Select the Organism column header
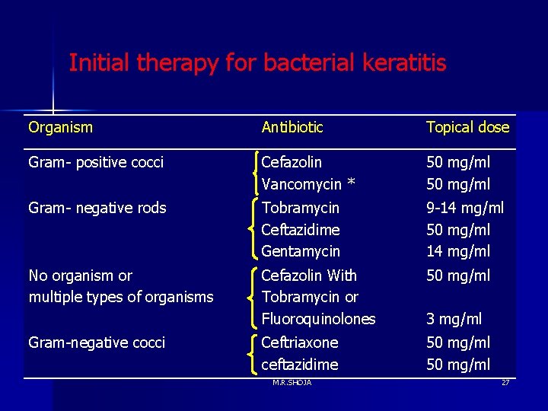(x=60, y=127)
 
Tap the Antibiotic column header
(x=292, y=127)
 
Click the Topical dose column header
(x=467, y=127)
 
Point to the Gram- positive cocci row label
(x=96, y=162)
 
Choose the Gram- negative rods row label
(x=97, y=208)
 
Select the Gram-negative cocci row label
(x=97, y=342)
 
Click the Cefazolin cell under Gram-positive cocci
(x=292, y=162)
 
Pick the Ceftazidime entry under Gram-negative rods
(x=300, y=229)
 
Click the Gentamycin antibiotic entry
(x=301, y=250)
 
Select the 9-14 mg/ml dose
(x=465, y=208)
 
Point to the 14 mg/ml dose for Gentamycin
(x=458, y=250)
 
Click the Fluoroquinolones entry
(x=318, y=319)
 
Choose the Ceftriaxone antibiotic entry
(x=299, y=342)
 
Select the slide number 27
(x=505, y=382)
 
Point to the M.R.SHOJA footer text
(x=292, y=382)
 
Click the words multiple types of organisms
(x=121, y=297)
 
